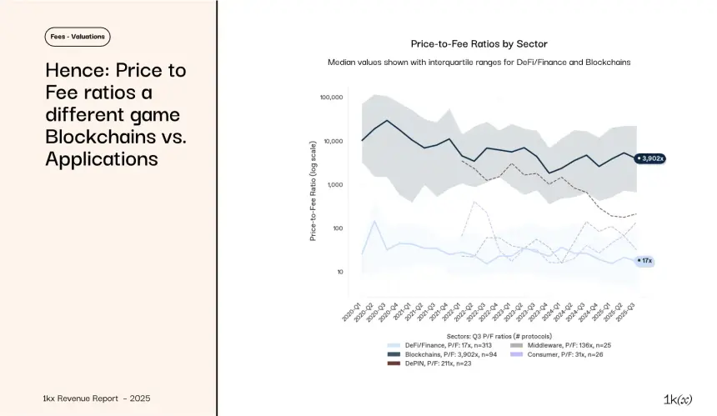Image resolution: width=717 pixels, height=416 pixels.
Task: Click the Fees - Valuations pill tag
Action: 78,37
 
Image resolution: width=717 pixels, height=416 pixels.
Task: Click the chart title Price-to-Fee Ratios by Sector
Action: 479,43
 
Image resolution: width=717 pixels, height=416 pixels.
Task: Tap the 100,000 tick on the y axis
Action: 330,98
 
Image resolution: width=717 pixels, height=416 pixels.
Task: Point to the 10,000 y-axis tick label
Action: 333,141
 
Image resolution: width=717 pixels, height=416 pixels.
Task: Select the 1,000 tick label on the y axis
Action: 334,185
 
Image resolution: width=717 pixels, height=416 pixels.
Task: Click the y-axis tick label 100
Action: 338,228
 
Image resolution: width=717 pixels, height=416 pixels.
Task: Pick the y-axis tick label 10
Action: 339,272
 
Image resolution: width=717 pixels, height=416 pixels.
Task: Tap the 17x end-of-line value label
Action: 646,261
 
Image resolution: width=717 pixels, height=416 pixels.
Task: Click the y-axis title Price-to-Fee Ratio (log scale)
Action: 313,191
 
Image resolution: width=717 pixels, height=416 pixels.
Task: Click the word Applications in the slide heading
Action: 101,158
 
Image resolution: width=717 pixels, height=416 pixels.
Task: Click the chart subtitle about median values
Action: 479,63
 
